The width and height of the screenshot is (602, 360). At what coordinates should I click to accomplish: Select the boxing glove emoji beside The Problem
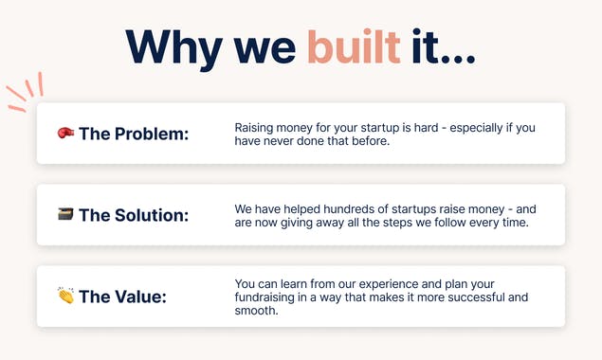pos(65,134)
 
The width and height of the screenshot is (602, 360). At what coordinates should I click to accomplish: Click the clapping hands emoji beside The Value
pos(65,297)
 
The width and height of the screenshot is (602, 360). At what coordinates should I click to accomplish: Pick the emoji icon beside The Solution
pos(65,215)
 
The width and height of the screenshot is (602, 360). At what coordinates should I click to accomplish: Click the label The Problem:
pos(134,134)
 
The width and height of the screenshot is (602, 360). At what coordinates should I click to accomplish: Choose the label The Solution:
pos(134,215)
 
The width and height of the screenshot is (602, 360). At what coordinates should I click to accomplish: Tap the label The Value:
pos(122,297)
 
